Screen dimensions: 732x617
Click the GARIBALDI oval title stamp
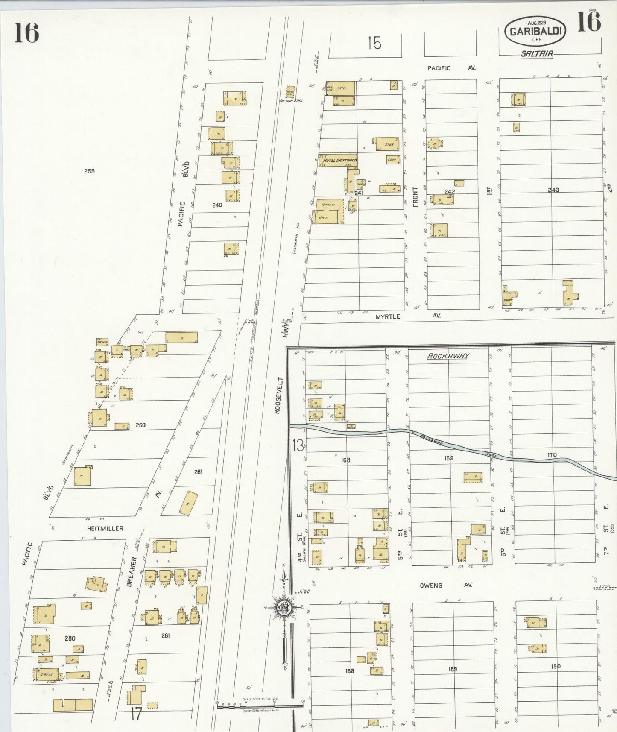pos(535,31)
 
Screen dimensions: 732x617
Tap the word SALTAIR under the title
pos(537,54)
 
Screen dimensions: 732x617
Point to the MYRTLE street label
pos(388,316)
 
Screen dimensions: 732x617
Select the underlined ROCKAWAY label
pos(448,356)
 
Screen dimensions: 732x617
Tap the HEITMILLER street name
pos(105,528)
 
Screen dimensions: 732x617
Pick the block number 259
pos(89,171)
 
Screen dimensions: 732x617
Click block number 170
pos(552,455)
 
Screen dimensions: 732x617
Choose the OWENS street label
pos(431,585)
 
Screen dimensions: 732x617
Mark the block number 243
pos(553,190)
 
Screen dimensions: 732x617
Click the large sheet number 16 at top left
pos(26,33)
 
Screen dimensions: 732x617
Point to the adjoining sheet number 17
pos(136,714)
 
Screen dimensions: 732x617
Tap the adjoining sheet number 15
pos(374,43)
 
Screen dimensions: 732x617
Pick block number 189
pos(453,669)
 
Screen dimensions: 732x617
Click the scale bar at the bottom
pos(260,707)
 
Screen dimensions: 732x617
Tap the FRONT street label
pos(415,197)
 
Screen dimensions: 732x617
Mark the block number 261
pos(198,472)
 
